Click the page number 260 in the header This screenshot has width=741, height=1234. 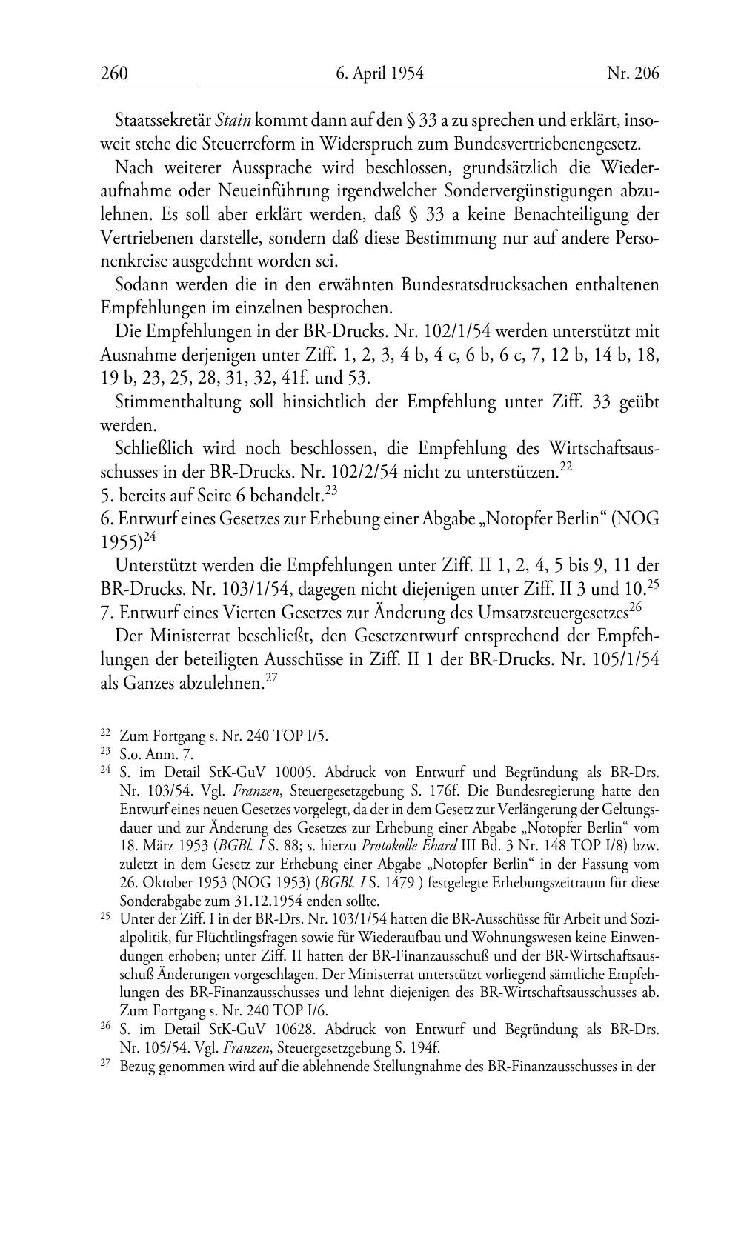click(x=114, y=73)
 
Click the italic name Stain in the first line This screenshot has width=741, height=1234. click(x=233, y=119)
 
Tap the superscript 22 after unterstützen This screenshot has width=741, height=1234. click(x=568, y=467)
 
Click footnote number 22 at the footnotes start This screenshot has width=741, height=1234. click(x=105, y=733)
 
